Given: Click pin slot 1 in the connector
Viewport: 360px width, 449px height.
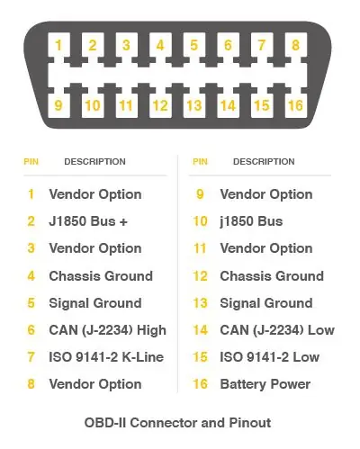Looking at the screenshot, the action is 58,45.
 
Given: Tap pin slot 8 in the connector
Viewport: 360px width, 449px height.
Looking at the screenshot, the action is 296,45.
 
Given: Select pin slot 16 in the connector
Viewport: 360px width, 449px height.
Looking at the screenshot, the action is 296,105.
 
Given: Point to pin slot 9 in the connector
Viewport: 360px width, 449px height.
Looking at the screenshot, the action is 58,105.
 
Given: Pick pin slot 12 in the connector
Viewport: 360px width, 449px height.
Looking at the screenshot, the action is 160,105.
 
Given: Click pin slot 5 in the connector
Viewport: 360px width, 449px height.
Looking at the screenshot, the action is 194,45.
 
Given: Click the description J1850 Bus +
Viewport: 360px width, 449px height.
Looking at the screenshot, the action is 88,221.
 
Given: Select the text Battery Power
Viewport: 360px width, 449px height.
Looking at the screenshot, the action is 265,384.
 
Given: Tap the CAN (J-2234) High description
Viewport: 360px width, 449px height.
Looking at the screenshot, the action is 107,330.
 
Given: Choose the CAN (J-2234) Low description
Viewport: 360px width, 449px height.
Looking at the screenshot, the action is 277,330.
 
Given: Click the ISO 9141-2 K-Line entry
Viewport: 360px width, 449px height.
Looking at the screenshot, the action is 106,357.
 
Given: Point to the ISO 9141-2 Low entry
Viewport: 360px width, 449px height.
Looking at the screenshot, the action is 269,357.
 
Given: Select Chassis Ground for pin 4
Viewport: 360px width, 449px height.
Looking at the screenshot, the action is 101,276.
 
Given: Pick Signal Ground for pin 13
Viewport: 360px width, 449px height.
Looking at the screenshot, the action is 266,303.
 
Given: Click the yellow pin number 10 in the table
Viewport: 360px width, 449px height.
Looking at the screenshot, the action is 200,221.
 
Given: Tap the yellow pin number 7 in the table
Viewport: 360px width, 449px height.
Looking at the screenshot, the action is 31,357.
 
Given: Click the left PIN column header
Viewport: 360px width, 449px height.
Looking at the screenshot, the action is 31,162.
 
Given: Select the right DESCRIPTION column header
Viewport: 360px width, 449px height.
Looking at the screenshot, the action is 264,162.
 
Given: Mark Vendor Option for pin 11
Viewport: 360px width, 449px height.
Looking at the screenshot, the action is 266,248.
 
